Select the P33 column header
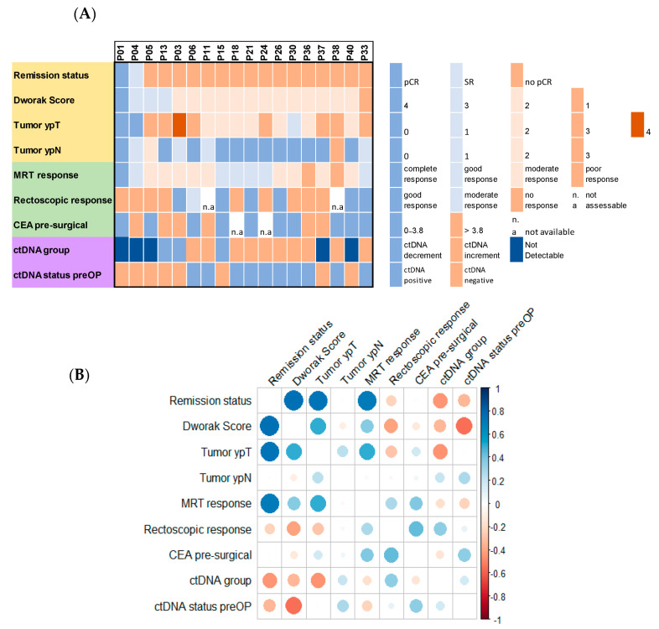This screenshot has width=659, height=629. pos(366,52)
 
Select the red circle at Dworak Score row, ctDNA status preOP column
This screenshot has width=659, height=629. pos(464,426)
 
